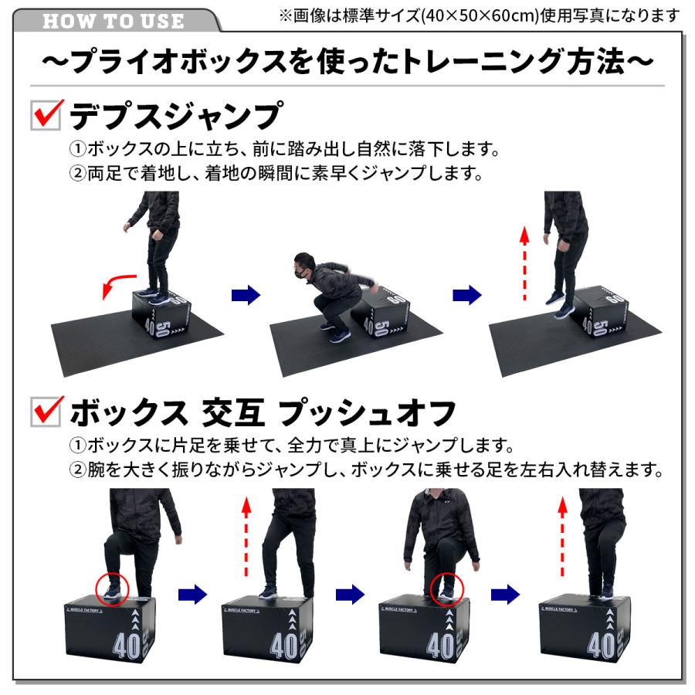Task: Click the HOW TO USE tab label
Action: coord(114,19)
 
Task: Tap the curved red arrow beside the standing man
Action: coord(116,286)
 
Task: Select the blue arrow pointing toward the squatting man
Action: coord(246,294)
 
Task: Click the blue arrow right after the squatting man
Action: coord(466,294)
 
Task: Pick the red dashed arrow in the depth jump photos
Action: coord(524,263)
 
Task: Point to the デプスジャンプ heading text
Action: coord(174,117)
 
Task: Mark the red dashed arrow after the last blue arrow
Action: coord(563,537)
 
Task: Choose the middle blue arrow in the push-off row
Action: coord(350,594)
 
